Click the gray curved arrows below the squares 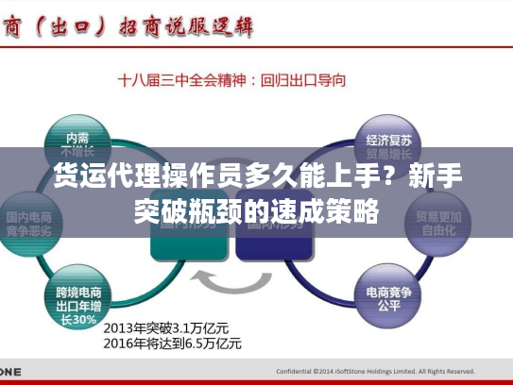click(x=231, y=282)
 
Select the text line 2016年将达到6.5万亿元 click(x=172, y=343)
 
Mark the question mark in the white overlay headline click(x=388, y=176)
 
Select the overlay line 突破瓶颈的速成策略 click(x=256, y=209)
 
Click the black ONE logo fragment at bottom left click(x=10, y=372)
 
